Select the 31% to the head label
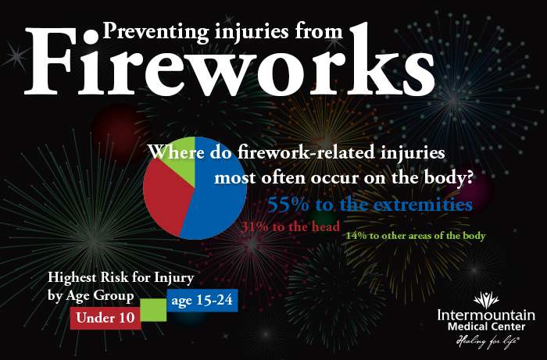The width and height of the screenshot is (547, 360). click(x=290, y=227)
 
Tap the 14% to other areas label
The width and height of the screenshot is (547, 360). click(x=416, y=235)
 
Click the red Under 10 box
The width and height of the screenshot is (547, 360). click(x=105, y=317)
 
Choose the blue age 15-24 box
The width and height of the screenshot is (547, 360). click(x=202, y=301)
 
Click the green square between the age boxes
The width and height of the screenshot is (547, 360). click(x=153, y=309)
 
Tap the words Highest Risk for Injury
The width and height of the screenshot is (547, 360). click(x=120, y=277)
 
